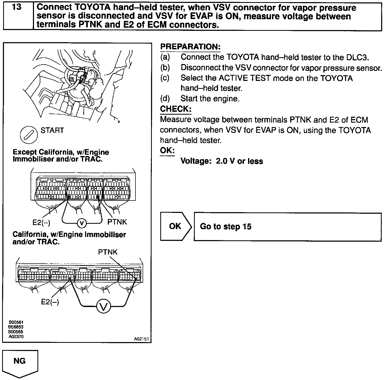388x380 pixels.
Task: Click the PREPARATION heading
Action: (x=190, y=47)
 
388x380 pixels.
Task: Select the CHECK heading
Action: (x=176, y=109)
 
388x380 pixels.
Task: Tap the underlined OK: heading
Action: (x=167, y=151)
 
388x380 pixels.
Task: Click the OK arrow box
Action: (x=176, y=227)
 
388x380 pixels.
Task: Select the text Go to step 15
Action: (x=226, y=227)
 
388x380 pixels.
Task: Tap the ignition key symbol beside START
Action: (x=28, y=135)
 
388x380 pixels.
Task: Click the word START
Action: (x=52, y=130)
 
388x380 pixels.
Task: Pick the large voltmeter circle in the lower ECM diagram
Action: (x=103, y=306)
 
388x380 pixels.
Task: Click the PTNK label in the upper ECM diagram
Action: (x=117, y=222)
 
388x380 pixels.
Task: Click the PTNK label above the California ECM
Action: (x=108, y=252)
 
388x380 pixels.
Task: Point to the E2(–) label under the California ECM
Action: (x=50, y=302)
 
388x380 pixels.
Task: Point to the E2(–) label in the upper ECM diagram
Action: (x=41, y=222)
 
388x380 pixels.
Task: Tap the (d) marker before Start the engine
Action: (x=165, y=99)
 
